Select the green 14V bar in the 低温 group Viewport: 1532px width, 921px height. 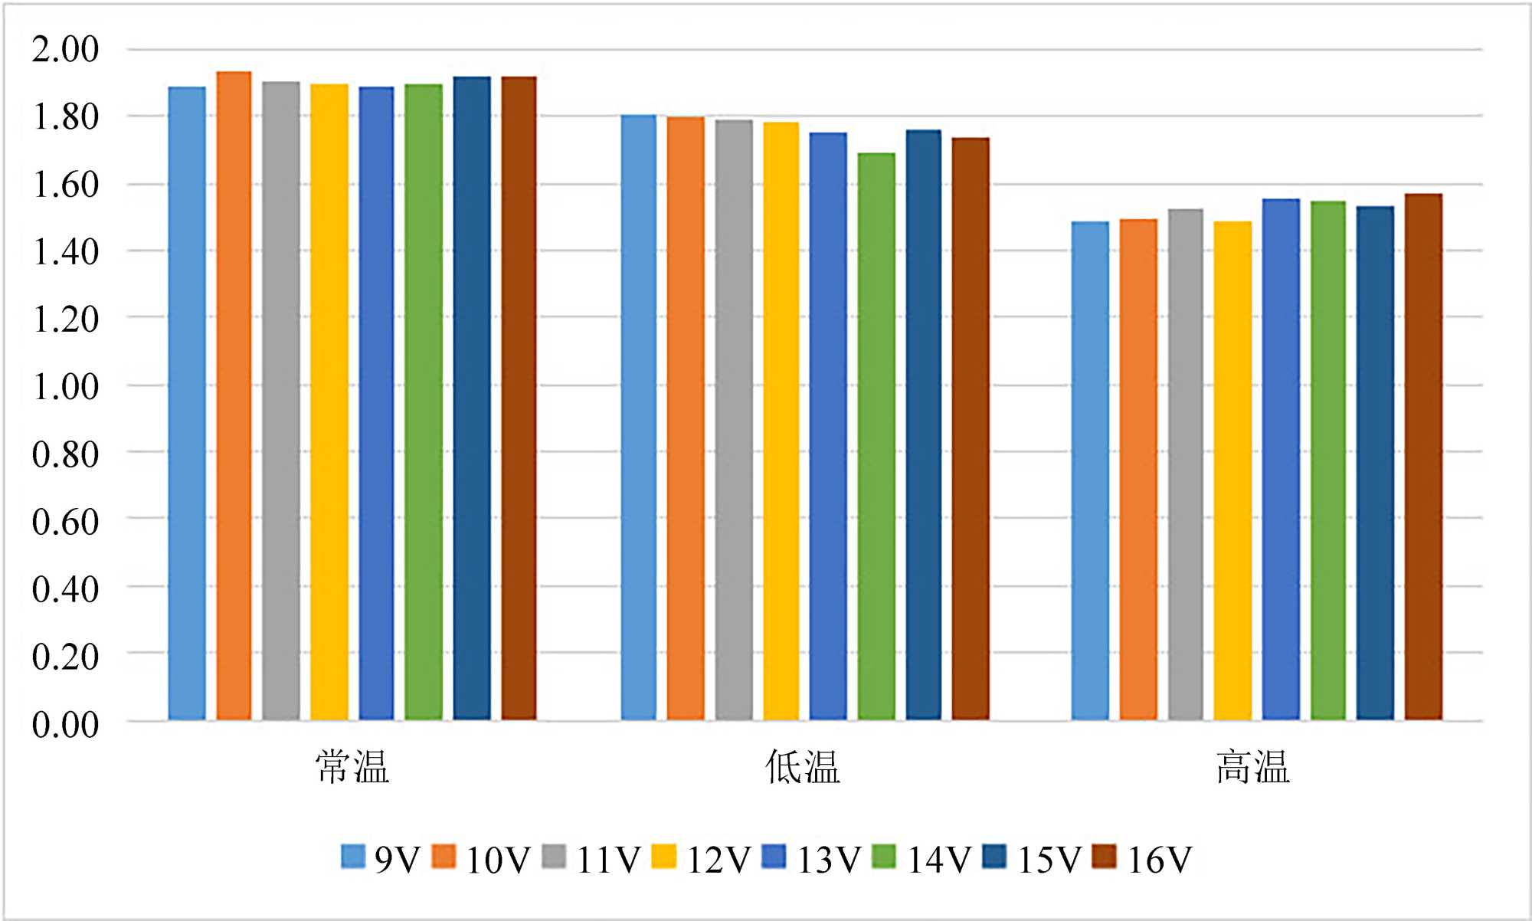pyautogui.click(x=876, y=436)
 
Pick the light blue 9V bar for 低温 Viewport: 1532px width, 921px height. pyautogui.click(x=639, y=417)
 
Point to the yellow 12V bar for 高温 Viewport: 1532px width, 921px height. pyautogui.click(x=1232, y=470)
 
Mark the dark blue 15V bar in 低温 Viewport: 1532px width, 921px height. pyautogui.click(x=924, y=424)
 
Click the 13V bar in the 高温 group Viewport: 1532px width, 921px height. pyautogui.click(x=1281, y=459)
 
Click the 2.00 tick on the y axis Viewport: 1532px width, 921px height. pyautogui.click(x=65, y=50)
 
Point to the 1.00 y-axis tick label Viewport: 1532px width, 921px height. pyautogui.click(x=65, y=387)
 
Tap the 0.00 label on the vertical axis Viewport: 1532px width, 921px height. pyautogui.click(x=65, y=725)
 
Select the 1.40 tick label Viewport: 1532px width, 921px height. pyautogui.click(x=65, y=252)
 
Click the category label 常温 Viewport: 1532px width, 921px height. pyautogui.click(x=352, y=767)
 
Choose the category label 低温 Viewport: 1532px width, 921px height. pyautogui.click(x=803, y=767)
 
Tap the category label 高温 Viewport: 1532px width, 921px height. pyautogui.click(x=1253, y=767)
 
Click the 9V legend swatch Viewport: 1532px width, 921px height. pyautogui.click(x=353, y=857)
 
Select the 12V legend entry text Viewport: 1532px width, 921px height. pyautogui.click(x=719, y=860)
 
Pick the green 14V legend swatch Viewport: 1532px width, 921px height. pyautogui.click(x=884, y=857)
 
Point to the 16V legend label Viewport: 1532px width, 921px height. pyautogui.click(x=1160, y=860)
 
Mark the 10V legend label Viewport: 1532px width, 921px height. pyautogui.click(x=498, y=860)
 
